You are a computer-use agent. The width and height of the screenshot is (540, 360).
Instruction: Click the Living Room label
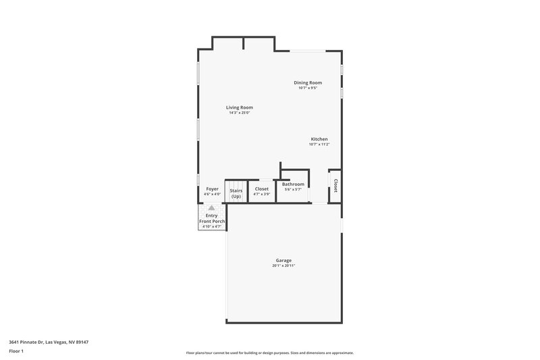[239, 107]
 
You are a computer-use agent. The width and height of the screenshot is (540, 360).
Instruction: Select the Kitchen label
[319, 139]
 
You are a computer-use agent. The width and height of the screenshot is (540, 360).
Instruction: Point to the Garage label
[283, 260]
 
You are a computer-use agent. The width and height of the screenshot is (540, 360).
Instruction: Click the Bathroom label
[293, 184]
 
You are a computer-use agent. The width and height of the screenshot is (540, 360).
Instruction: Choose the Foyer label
[212, 189]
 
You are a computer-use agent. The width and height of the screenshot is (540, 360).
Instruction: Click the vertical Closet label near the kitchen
[335, 186]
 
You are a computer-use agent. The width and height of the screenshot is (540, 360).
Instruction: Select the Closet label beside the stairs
[262, 189]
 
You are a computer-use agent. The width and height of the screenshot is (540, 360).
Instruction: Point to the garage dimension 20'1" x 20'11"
[283, 265]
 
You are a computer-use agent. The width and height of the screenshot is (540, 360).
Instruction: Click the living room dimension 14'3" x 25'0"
[239, 113]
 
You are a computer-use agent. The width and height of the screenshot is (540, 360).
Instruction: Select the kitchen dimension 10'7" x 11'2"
[319, 145]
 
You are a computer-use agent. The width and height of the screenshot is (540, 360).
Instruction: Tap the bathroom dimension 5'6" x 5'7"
[293, 189]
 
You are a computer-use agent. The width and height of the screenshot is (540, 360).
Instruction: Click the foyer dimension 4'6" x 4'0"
[212, 195]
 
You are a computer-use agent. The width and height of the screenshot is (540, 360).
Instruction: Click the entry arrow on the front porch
[211, 209]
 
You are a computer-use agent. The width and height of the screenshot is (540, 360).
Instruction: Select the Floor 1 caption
[16, 351]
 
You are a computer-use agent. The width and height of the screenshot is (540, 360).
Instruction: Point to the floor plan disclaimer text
[269, 353]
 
